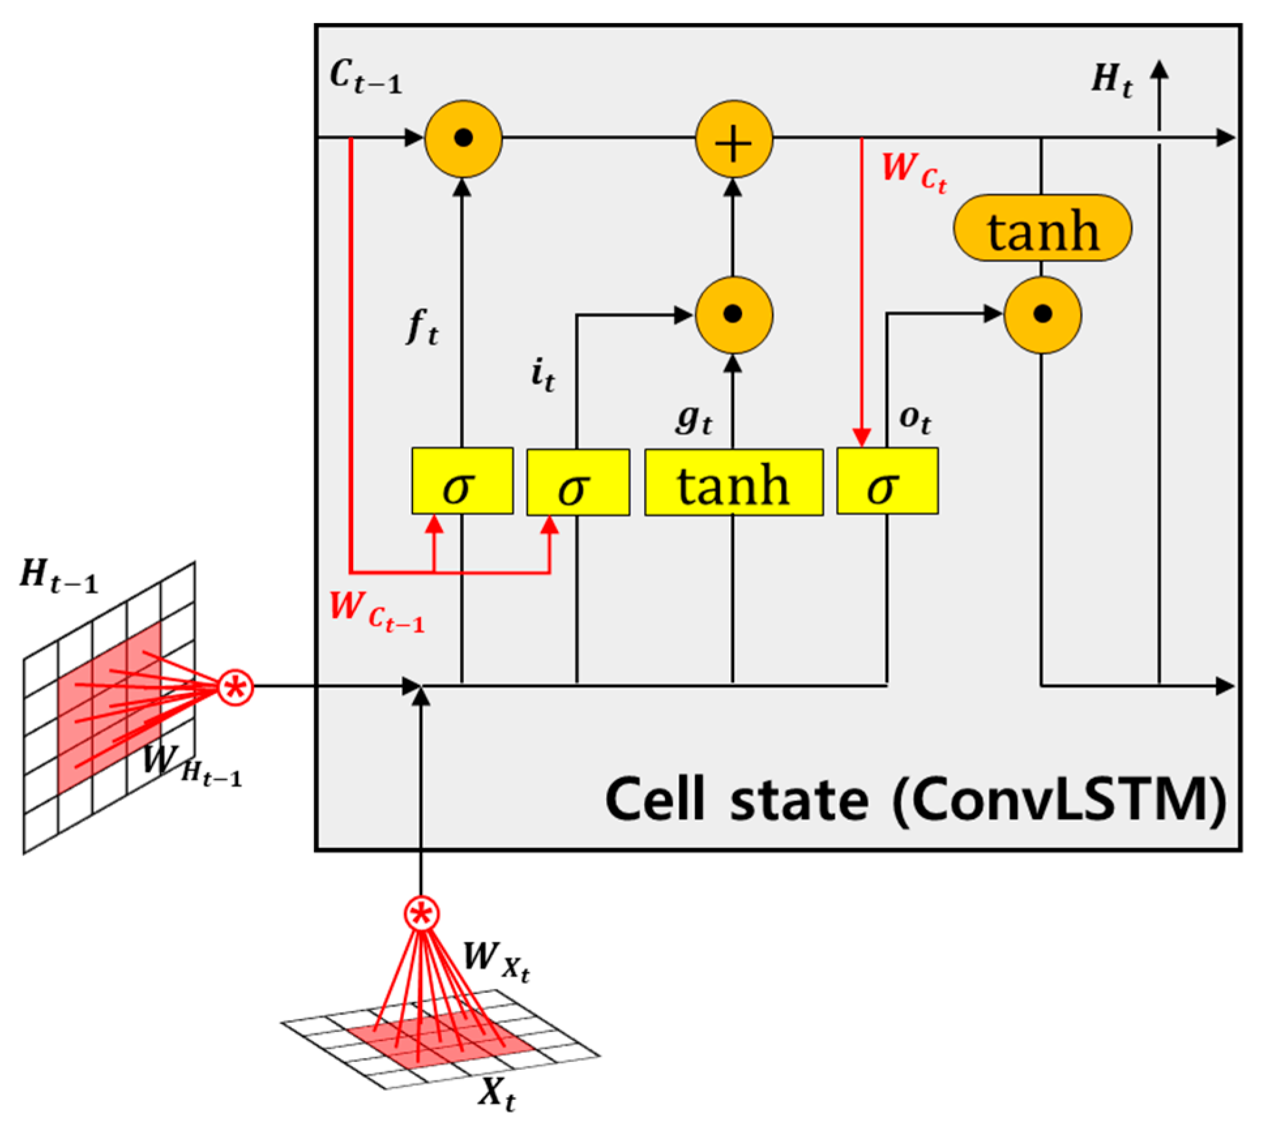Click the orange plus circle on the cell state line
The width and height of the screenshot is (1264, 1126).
coord(733,138)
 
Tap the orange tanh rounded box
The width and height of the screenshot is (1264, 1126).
coord(1042,228)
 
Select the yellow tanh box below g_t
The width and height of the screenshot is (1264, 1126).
coord(733,482)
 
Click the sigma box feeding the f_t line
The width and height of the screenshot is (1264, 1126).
coord(462,481)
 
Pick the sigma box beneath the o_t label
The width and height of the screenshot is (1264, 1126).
coord(887,481)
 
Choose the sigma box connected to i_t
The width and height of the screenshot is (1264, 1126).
coord(578,482)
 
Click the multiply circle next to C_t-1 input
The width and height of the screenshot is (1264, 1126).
coord(463,138)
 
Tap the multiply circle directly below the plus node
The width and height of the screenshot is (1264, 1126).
coord(733,315)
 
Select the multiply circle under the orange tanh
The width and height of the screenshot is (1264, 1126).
coord(1042,315)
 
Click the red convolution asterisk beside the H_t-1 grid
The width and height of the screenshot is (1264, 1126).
coord(236,687)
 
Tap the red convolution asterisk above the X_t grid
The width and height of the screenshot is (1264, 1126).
coord(422,914)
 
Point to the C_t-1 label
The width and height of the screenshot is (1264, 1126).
coord(365,76)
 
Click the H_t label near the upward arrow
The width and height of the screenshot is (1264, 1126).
coord(1111,80)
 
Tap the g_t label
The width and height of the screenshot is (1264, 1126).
coord(693,419)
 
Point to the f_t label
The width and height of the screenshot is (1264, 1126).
coord(422,326)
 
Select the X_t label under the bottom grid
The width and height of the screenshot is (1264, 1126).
coord(497,1092)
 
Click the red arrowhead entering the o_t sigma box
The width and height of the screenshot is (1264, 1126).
coord(862,437)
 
